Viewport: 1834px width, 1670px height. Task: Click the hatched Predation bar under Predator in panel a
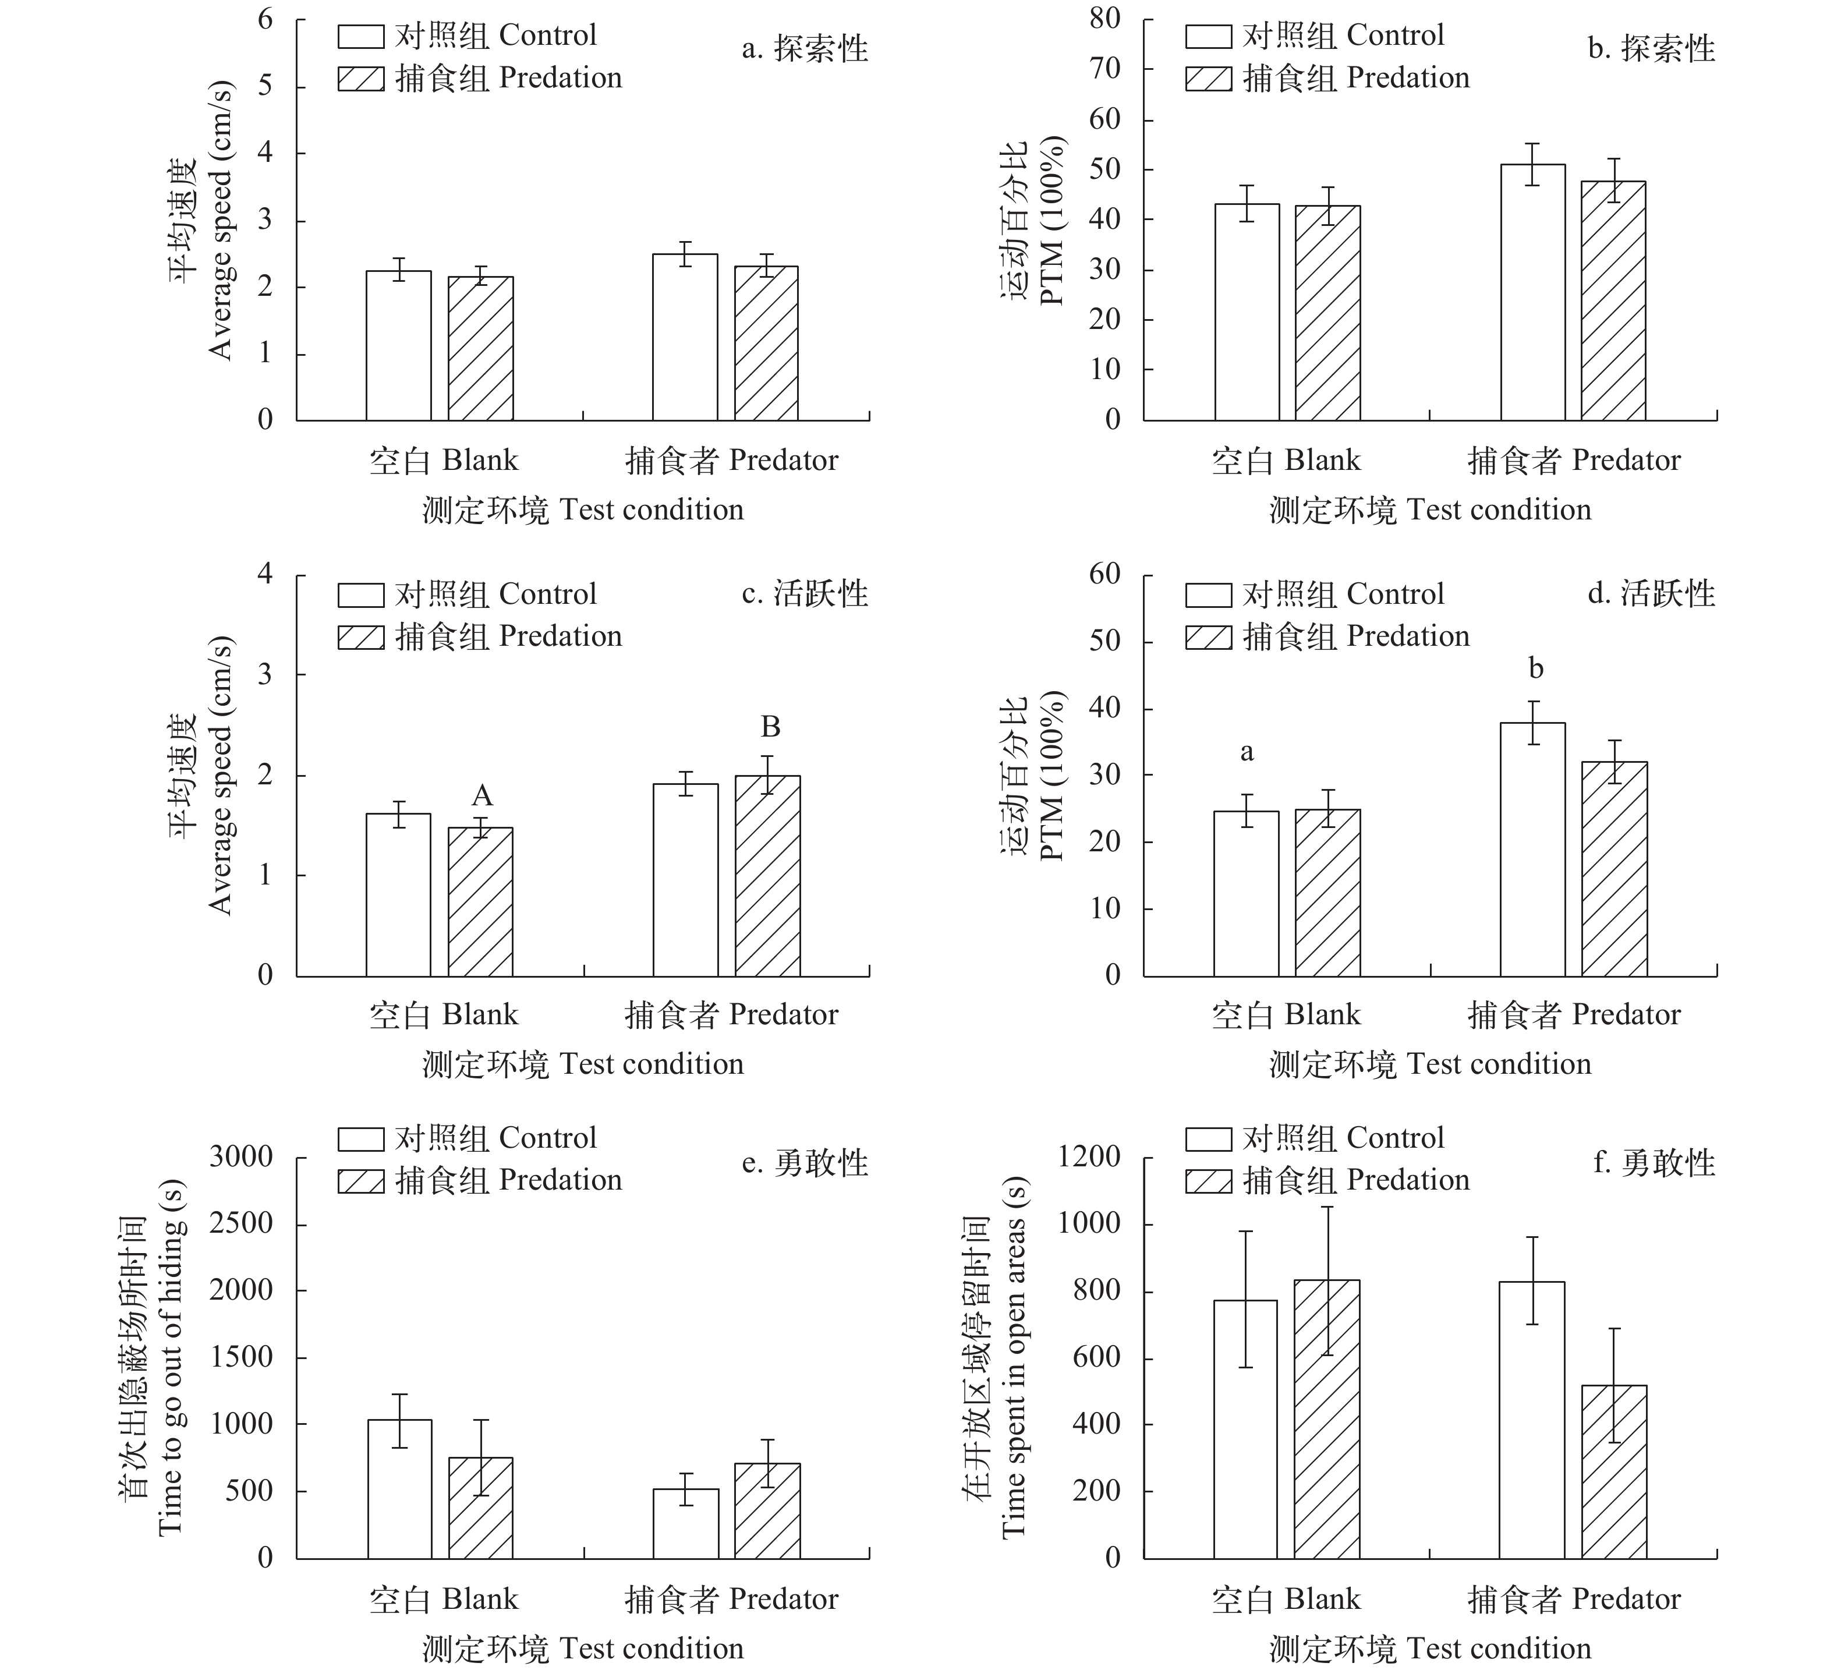click(x=766, y=343)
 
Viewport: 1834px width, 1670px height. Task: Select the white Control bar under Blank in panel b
click(x=1247, y=312)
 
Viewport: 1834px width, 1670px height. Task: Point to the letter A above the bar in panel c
click(x=481, y=797)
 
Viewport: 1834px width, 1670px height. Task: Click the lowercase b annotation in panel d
click(x=1536, y=670)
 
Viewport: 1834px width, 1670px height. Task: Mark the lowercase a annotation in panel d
click(x=1247, y=752)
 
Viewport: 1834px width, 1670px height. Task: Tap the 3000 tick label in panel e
click(x=241, y=1157)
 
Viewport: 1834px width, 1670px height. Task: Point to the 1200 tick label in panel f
click(x=1089, y=1157)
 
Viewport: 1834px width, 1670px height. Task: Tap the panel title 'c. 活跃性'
click(x=805, y=594)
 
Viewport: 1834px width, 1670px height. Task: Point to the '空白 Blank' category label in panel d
click(x=1286, y=1014)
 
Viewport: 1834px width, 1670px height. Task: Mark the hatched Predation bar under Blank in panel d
click(x=1327, y=892)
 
